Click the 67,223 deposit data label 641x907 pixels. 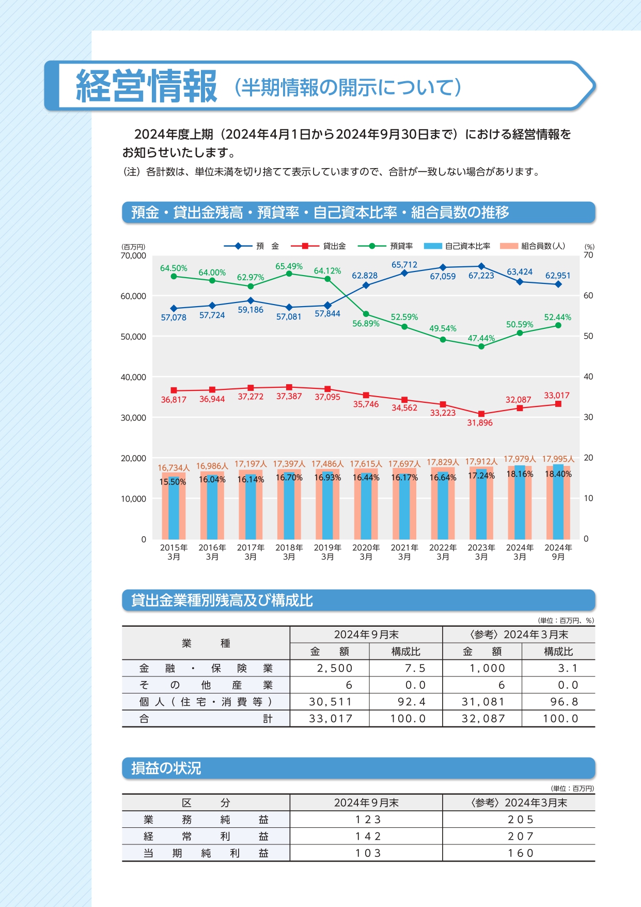[x=481, y=276]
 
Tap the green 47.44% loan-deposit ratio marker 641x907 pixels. [x=481, y=346]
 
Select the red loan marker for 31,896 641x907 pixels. [x=481, y=414]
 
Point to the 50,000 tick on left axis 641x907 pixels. [x=133, y=337]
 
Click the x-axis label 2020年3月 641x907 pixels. [x=366, y=552]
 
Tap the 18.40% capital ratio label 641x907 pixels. [x=558, y=474]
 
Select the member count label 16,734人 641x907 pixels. [x=174, y=467]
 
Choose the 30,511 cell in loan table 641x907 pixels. [x=331, y=702]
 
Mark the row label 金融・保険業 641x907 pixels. [x=206, y=668]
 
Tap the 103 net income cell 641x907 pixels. [x=368, y=853]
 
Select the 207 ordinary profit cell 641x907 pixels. [x=520, y=836]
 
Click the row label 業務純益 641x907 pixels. [x=206, y=820]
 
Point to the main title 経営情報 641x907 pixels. [x=147, y=86]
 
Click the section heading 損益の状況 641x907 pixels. [x=166, y=768]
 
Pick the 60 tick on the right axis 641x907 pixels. [x=588, y=296]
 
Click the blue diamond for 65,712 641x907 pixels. [x=404, y=273]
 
